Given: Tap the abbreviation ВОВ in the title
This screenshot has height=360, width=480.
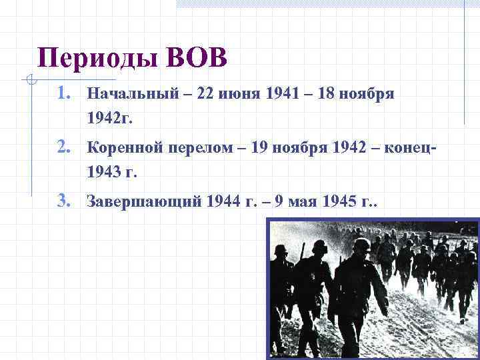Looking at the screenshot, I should (197, 59).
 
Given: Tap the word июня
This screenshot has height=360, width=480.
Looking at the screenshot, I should (241, 95).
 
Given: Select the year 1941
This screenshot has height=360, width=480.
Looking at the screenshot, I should (282, 95).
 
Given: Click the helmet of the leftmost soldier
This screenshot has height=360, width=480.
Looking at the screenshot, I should (281, 251).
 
